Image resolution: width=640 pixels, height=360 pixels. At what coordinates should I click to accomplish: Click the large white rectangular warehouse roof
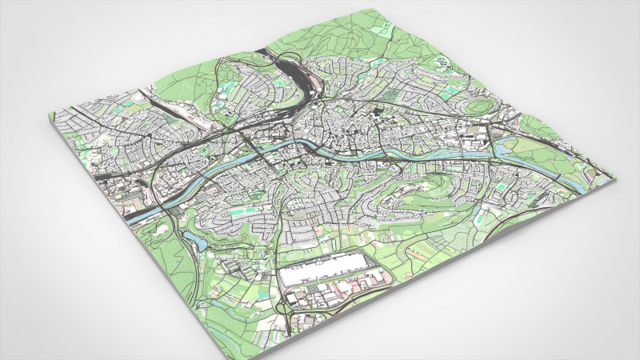(324, 267)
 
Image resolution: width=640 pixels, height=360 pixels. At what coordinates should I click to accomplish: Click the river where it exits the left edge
(136, 216)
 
